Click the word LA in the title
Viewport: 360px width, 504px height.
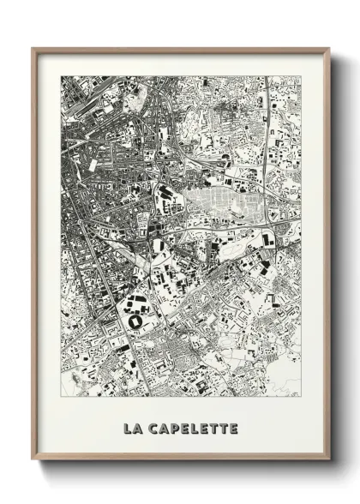click(x=133, y=428)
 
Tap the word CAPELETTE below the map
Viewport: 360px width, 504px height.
click(x=195, y=428)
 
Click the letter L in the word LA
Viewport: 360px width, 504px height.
click(x=128, y=428)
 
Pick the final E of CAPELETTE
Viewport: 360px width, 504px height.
click(x=233, y=428)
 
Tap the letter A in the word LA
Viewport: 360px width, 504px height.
click(x=139, y=428)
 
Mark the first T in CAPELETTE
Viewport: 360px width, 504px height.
click(x=213, y=428)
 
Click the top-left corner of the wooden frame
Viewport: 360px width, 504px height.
click(x=33, y=49)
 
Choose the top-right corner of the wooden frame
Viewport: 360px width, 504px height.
click(x=329, y=49)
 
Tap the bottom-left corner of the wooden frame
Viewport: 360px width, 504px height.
click(x=33, y=461)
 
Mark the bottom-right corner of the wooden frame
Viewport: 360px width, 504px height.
click(x=329, y=461)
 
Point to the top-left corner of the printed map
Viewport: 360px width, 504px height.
click(x=61, y=76)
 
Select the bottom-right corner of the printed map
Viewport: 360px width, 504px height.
click(x=301, y=397)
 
